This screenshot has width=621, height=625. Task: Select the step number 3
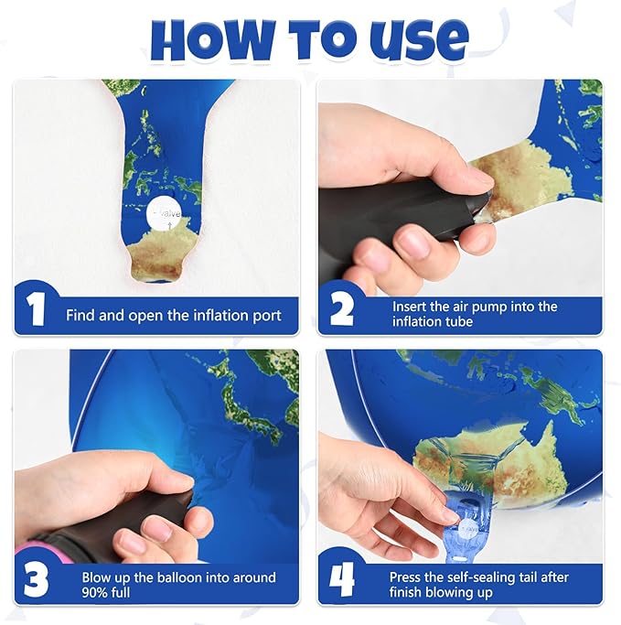36,580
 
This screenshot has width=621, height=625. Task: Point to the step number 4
341,580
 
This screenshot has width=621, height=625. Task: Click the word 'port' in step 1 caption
266,316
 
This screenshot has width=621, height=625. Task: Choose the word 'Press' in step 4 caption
409,577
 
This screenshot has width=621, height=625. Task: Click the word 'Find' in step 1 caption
80,316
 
